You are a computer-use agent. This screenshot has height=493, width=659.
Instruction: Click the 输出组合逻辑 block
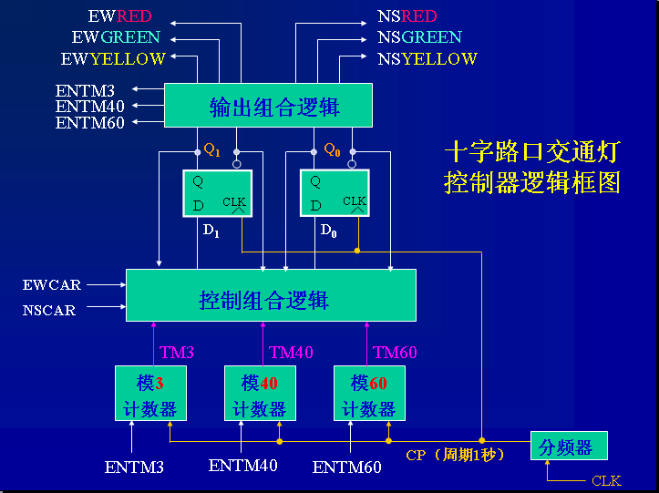click(268, 106)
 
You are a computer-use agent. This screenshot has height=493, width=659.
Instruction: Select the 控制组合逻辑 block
click(270, 295)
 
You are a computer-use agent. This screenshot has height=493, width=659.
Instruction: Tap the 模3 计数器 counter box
click(150, 393)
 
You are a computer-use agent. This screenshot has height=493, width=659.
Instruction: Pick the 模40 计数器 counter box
click(260, 393)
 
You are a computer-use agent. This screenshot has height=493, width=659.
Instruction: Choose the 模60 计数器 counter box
click(369, 393)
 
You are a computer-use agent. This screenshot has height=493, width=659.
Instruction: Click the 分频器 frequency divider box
click(568, 447)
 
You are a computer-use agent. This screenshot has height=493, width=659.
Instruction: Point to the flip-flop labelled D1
click(215, 193)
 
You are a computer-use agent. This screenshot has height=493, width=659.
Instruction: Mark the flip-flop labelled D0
click(334, 193)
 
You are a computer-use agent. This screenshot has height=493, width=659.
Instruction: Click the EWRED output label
click(119, 16)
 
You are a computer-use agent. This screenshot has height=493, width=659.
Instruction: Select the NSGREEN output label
click(419, 37)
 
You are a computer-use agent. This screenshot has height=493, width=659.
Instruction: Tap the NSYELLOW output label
click(427, 59)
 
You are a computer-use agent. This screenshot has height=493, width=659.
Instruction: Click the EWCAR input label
click(52, 285)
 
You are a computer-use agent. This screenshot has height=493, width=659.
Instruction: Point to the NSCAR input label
click(49, 310)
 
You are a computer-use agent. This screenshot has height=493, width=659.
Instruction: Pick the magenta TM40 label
click(291, 352)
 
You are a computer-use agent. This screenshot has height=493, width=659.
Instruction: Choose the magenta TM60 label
click(395, 352)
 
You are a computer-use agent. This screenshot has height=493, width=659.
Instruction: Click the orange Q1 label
click(211, 148)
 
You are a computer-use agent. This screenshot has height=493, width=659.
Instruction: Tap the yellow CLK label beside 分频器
click(606, 480)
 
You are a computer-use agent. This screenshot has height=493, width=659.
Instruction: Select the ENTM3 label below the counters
click(135, 467)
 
